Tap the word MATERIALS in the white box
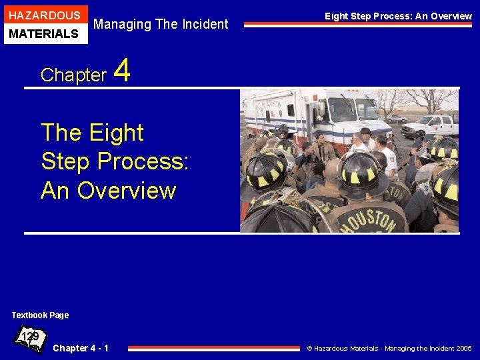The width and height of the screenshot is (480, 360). [x=44, y=33]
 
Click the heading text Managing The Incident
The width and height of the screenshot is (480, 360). [x=161, y=25]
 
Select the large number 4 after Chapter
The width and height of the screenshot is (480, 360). [x=123, y=71]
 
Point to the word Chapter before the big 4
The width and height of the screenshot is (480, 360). [x=73, y=75]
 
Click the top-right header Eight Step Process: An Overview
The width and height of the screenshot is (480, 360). [x=398, y=16]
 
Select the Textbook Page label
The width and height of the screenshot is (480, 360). [x=40, y=315]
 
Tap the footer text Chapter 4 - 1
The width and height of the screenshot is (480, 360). [x=81, y=348]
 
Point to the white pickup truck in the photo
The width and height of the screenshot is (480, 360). [x=430, y=125]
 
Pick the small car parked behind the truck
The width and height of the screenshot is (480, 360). [x=397, y=119]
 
